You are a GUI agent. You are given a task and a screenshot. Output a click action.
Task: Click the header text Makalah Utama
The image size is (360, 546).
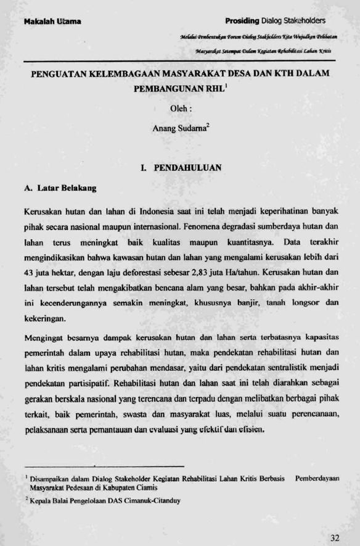pyautogui.click(x=52, y=22)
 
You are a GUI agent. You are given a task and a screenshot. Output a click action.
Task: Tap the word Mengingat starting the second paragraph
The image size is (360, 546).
pyautogui.click(x=44, y=338)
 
